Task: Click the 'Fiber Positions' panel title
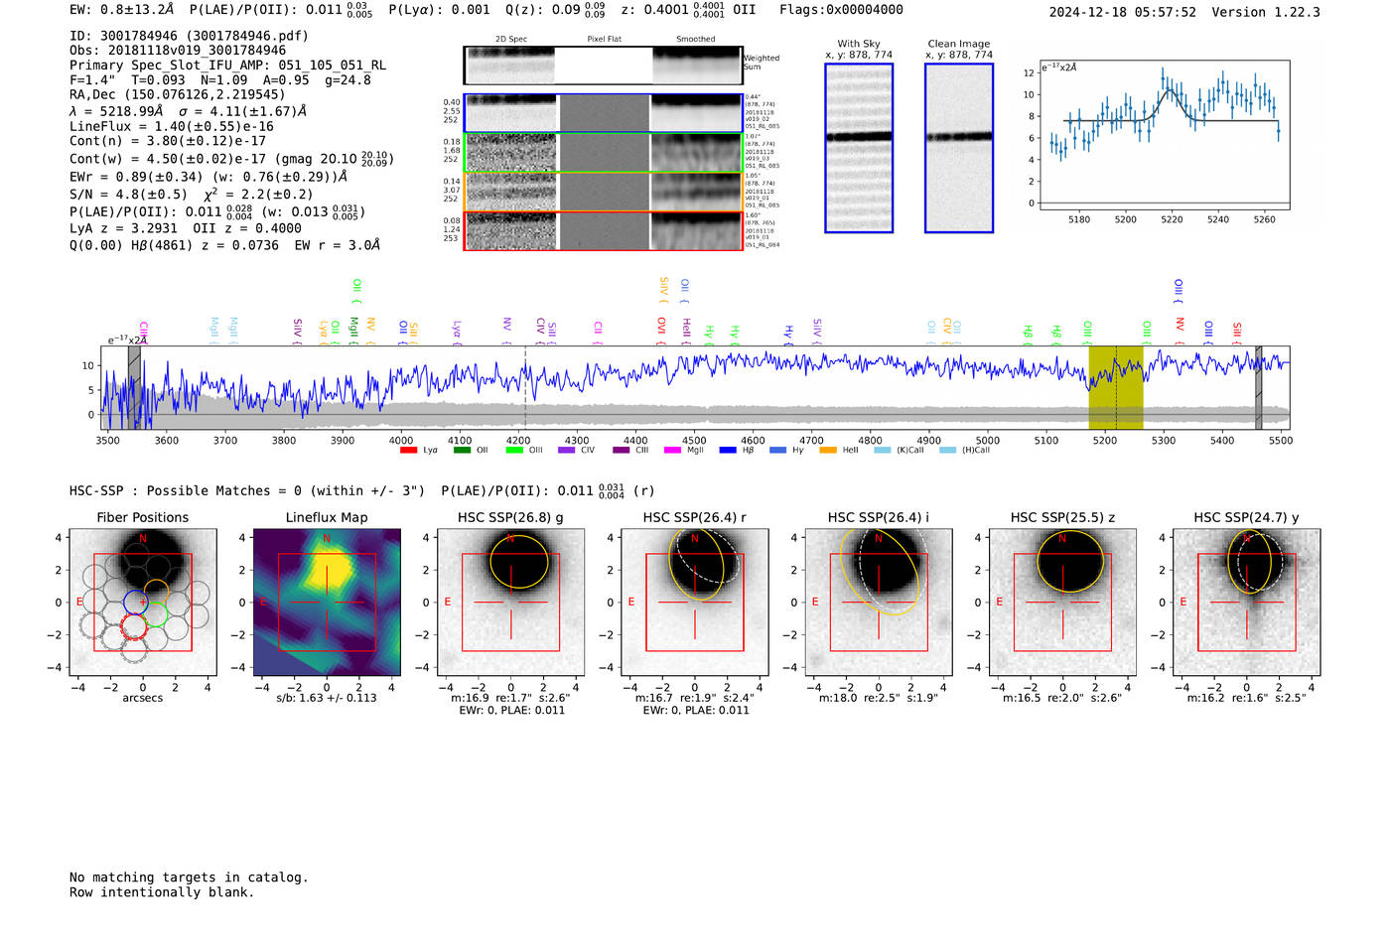pyautogui.click(x=142, y=517)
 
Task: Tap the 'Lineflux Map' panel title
pyautogui.click(x=327, y=517)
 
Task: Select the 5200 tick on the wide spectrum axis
pyautogui.click(x=1104, y=440)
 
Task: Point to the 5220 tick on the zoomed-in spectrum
pyautogui.click(x=1172, y=219)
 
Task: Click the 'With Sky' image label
pyautogui.click(x=859, y=44)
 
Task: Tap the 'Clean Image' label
pyautogui.click(x=958, y=44)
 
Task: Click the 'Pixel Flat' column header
pyautogui.click(x=604, y=40)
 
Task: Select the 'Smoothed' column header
pyautogui.click(x=695, y=40)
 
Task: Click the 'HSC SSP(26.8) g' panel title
pyautogui.click(x=510, y=517)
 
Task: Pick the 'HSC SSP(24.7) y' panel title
pyautogui.click(x=1246, y=517)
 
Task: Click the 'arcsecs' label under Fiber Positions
pyautogui.click(x=142, y=698)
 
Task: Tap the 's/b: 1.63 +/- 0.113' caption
pyautogui.click(x=327, y=698)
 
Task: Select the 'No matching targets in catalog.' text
pyautogui.click(x=189, y=878)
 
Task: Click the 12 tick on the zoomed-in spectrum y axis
pyautogui.click(x=1029, y=73)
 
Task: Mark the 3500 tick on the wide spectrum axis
pyautogui.click(x=107, y=440)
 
